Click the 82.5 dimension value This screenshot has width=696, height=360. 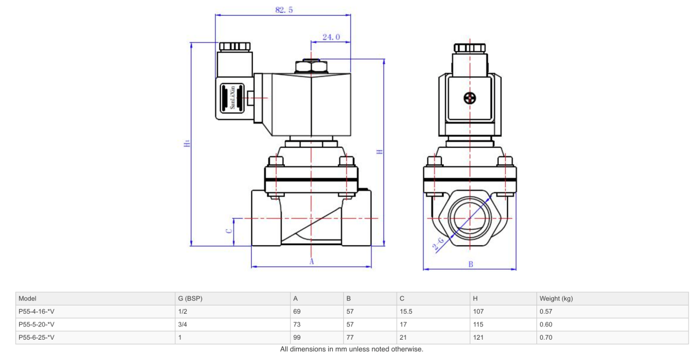pos(283,10)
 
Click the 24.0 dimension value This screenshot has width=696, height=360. pos(331,37)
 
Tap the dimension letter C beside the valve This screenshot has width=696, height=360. pos(229,230)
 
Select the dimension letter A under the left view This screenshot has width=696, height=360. pos(311,262)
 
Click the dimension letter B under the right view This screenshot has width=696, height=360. pos(470,264)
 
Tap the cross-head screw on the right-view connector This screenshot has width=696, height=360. pos(470,98)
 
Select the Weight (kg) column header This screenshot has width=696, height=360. pos(556,299)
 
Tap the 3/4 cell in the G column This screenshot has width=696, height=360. pos(183,324)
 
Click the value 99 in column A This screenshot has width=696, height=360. pos(297,337)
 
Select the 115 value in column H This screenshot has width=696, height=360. pos(477,324)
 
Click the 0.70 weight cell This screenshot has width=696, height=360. pos(546,337)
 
